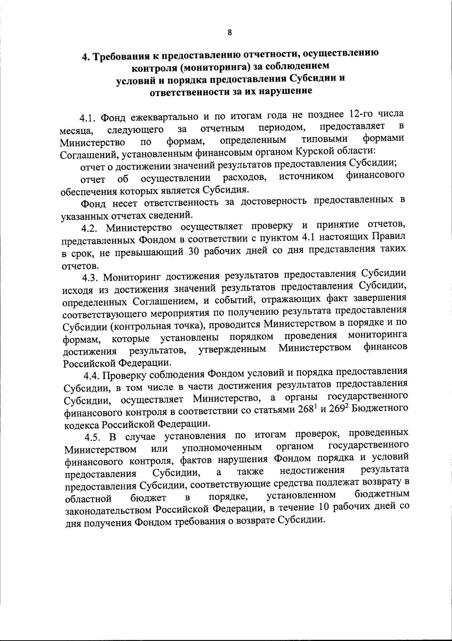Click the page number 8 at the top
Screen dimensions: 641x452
click(x=229, y=32)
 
